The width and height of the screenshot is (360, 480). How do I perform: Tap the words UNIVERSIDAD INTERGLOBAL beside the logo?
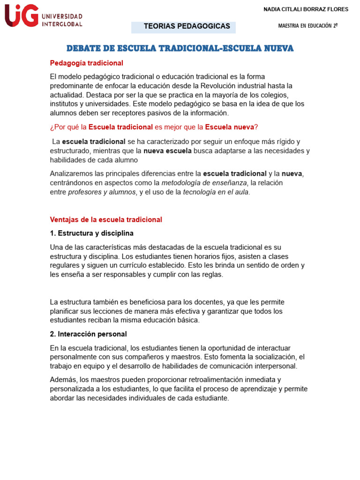click(62, 20)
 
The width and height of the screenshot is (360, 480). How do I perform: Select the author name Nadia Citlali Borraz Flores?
click(306, 9)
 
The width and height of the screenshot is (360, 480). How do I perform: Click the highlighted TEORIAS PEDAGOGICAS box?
click(187, 26)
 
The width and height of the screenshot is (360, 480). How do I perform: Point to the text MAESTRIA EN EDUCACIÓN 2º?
click(307, 26)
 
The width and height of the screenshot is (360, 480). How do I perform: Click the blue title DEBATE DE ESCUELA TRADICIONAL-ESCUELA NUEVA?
click(180, 48)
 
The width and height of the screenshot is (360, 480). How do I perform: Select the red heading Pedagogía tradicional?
click(86, 63)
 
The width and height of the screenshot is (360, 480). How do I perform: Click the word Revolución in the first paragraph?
click(218, 85)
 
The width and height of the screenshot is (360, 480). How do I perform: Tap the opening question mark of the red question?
click(52, 127)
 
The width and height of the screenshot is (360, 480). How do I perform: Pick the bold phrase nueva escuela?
click(167, 150)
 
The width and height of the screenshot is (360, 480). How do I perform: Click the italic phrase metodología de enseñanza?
click(204, 183)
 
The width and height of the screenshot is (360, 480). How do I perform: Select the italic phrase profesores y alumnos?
click(102, 192)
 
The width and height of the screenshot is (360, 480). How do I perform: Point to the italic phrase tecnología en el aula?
click(216, 192)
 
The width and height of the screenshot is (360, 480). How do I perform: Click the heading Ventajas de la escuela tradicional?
click(106, 219)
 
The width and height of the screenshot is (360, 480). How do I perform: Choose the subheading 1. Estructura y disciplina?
click(91, 233)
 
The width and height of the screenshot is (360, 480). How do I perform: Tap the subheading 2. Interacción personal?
click(88, 334)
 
